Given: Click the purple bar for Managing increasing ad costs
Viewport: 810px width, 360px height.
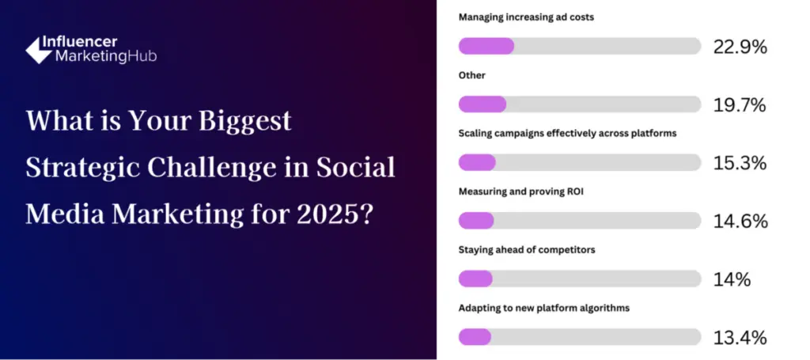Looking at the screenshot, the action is (486, 46).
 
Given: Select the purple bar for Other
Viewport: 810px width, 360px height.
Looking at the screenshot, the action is (483, 104).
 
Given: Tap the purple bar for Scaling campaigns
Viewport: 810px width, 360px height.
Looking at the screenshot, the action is (477, 162).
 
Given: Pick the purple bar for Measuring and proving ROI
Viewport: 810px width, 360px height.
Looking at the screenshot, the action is (476, 221).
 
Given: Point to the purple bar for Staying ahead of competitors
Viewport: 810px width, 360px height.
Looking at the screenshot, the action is (475, 279).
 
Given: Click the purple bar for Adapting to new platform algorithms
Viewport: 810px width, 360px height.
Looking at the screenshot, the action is (475, 337).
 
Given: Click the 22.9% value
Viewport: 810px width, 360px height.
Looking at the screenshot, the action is (740, 47).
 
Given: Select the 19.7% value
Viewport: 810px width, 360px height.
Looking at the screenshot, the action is (740, 105).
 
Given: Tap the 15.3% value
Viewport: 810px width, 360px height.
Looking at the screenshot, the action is (740, 163).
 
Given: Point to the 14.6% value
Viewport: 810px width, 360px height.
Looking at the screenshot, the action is (740, 222).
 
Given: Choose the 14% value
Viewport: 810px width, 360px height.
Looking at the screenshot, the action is (732, 280).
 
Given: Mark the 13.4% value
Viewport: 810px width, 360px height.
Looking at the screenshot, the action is (740, 338).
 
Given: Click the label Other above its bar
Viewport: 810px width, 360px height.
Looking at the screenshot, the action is (472, 75).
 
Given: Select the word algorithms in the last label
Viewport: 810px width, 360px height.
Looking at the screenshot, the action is (606, 309).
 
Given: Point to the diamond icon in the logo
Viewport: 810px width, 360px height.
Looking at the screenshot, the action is (39, 51).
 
